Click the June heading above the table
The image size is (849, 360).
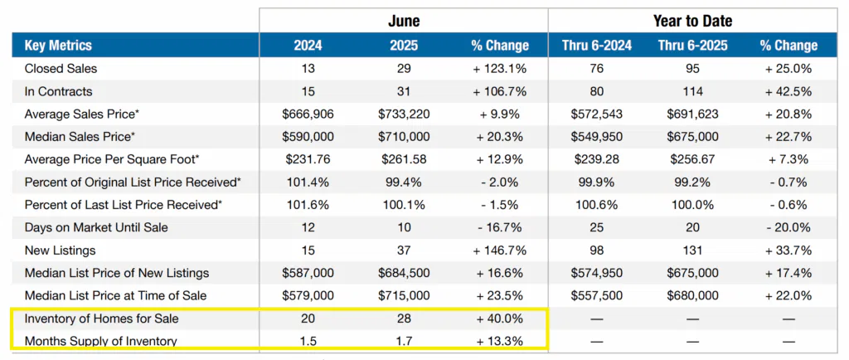pyautogui.click(x=404, y=21)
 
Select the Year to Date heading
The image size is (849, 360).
pyautogui.click(x=692, y=21)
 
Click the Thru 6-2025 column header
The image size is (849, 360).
pyautogui.click(x=692, y=46)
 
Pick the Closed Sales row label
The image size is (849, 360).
pyautogui.click(x=61, y=69)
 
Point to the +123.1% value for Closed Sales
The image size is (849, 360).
pyautogui.click(x=499, y=69)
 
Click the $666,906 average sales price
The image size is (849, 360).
pyautogui.click(x=308, y=114)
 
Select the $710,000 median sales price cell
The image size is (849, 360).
pyautogui.click(x=404, y=137)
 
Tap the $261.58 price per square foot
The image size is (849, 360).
pyautogui.click(x=404, y=160)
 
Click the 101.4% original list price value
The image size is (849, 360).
pyautogui.click(x=308, y=182)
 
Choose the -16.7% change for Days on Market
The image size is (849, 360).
pyautogui.click(x=499, y=228)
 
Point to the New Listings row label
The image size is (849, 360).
pyautogui.click(x=60, y=251)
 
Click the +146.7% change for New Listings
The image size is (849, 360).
pyautogui.click(x=499, y=251)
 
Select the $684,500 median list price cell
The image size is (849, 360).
pyautogui.click(x=404, y=274)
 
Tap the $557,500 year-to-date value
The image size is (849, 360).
pyautogui.click(x=597, y=296)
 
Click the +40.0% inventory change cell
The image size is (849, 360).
pyautogui.click(x=499, y=319)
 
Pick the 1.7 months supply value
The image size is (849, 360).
pyautogui.click(x=404, y=342)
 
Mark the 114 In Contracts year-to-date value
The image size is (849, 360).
pyautogui.click(x=692, y=91)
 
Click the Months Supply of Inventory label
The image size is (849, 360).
pyautogui.click(x=100, y=342)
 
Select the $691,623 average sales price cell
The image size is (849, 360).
pyautogui.click(x=692, y=114)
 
